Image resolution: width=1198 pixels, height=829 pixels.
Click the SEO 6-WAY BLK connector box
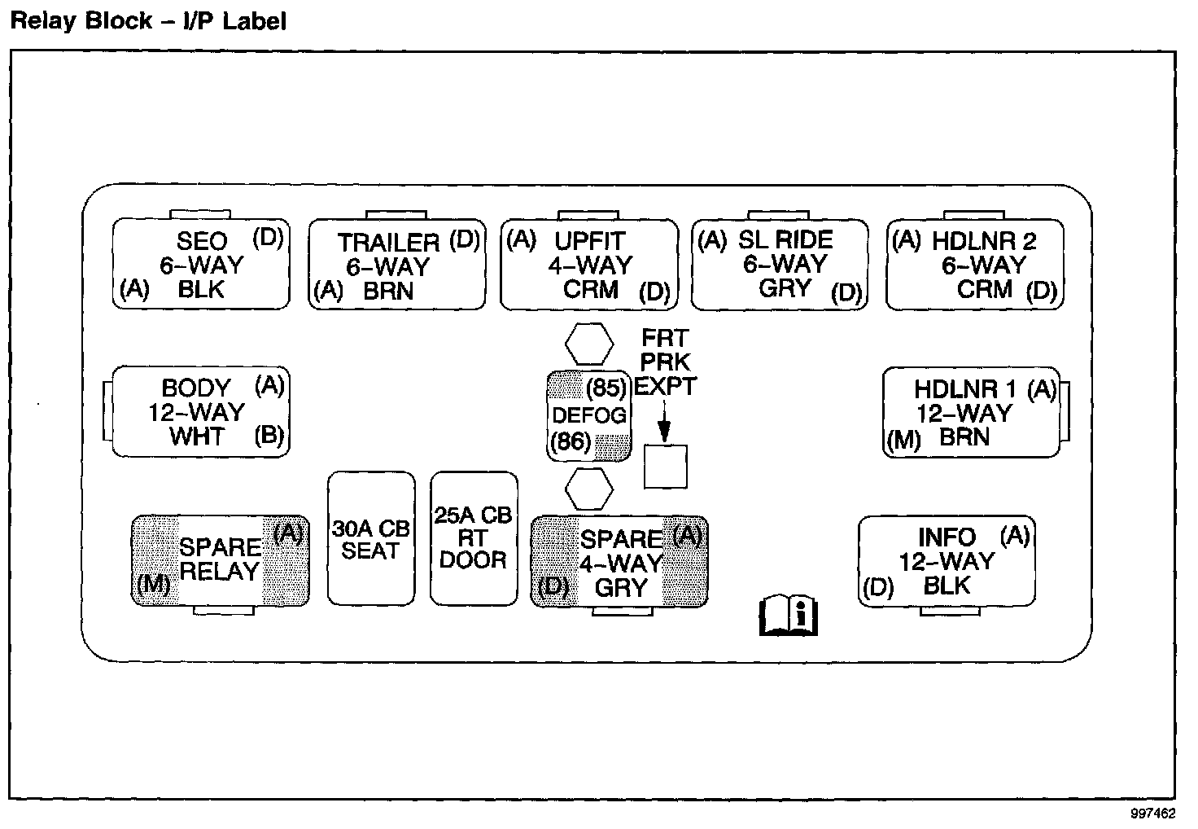tap(200, 264)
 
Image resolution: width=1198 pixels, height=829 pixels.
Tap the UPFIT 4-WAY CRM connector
tap(588, 265)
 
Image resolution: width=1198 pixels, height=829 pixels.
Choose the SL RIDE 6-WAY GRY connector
tap(780, 264)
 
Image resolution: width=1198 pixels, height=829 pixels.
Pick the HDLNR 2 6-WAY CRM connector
tap(974, 265)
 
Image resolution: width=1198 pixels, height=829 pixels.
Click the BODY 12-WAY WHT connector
tap(200, 411)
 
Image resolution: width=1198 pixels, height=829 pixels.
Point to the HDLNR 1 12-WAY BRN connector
tap(971, 412)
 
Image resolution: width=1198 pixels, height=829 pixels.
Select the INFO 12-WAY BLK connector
tap(947, 561)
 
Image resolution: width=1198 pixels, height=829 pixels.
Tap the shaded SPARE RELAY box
tap(220, 560)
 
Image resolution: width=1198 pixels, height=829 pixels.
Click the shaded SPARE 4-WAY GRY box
tap(619, 562)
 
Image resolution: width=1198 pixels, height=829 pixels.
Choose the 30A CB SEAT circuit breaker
tap(371, 538)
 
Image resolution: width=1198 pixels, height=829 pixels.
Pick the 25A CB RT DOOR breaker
tap(474, 538)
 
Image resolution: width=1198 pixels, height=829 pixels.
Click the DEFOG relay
tap(589, 415)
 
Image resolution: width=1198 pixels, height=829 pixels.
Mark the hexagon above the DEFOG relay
tap(589, 344)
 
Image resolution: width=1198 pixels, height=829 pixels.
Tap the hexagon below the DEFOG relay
tap(588, 489)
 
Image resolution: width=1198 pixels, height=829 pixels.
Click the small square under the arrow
tap(665, 467)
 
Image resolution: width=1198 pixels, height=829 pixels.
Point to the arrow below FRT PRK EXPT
tap(665, 423)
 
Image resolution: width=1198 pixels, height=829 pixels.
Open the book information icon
tap(788, 615)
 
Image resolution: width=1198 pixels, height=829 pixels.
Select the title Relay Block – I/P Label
tap(147, 21)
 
